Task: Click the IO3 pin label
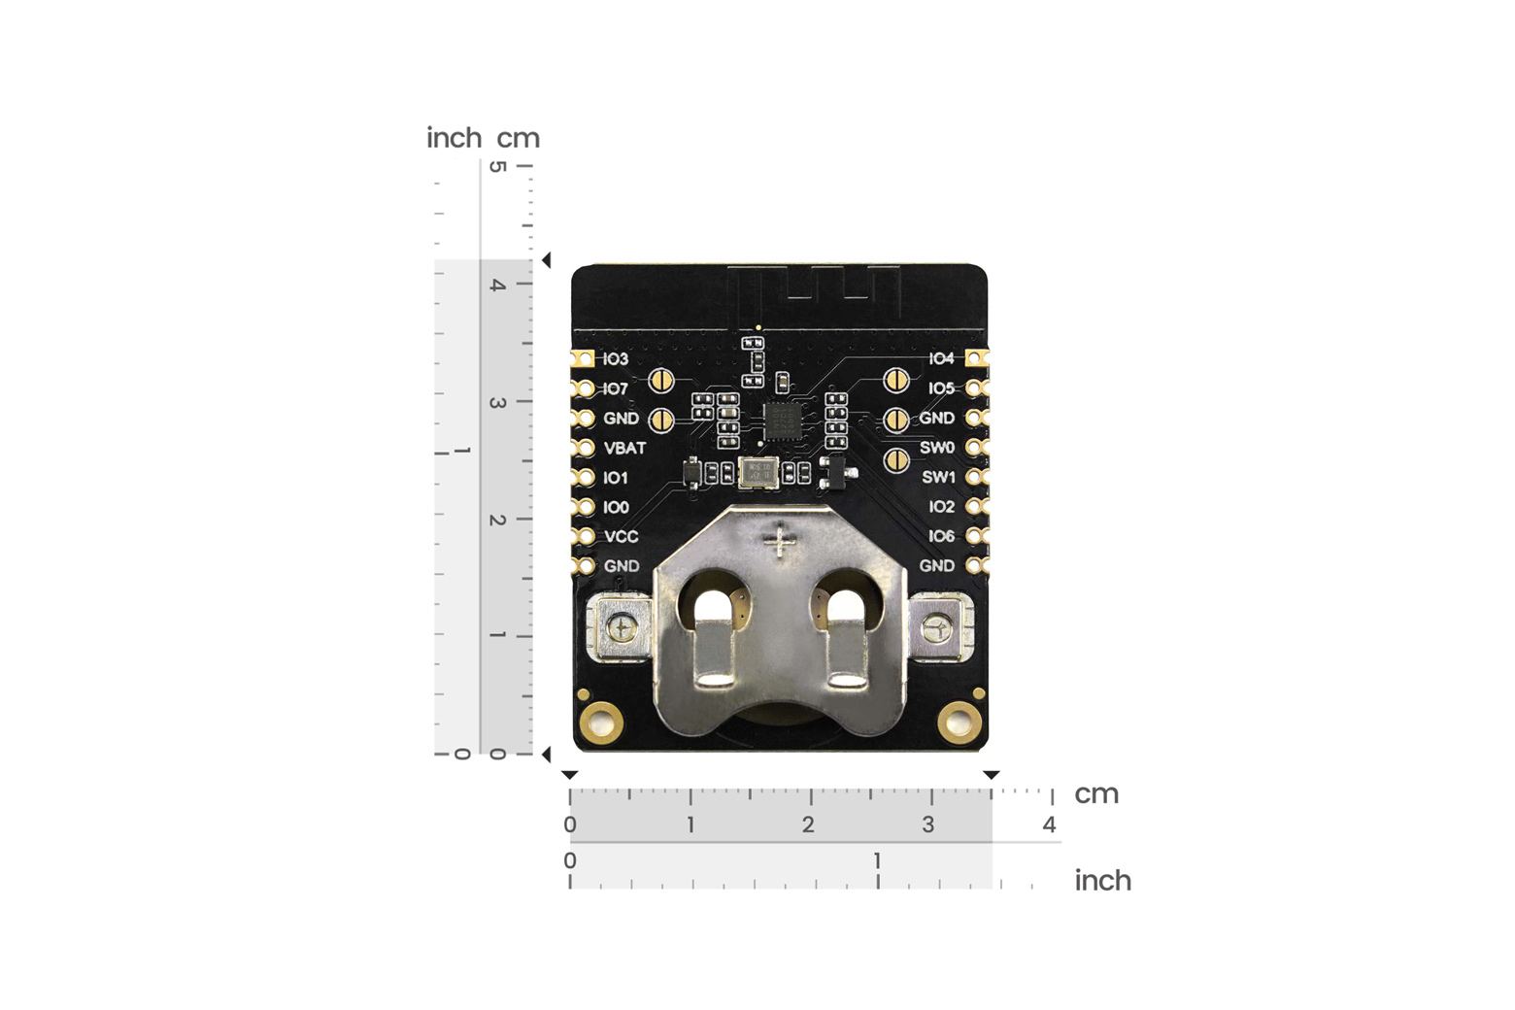click(x=616, y=359)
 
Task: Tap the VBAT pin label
click(x=624, y=449)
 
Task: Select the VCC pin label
click(x=622, y=537)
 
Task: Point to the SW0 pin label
click(x=937, y=448)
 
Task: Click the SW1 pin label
click(x=938, y=478)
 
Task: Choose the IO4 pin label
click(x=941, y=359)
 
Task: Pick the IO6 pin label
click(x=941, y=536)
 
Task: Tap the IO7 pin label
click(x=616, y=389)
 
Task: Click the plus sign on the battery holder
click(x=780, y=540)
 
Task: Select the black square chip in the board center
click(x=782, y=421)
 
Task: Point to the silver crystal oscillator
click(x=757, y=473)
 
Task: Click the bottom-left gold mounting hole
click(x=600, y=722)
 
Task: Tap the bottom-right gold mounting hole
click(x=959, y=722)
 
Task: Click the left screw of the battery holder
click(x=622, y=629)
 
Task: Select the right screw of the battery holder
click(x=937, y=629)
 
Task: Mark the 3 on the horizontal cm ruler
click(x=928, y=825)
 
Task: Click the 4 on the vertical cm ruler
click(x=497, y=285)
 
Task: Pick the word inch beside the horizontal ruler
click(x=1102, y=881)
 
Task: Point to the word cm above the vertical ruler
click(x=519, y=139)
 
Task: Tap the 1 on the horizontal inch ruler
click(x=877, y=860)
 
